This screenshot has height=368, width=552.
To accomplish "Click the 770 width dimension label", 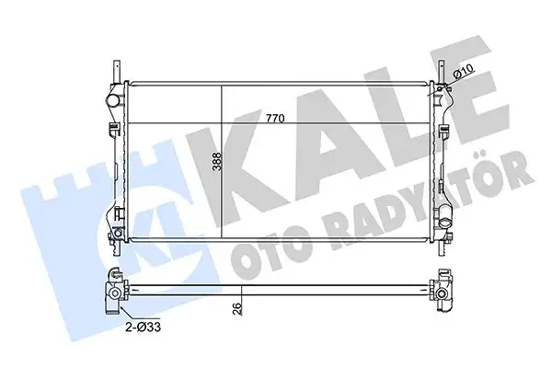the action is pyautogui.click(x=275, y=119).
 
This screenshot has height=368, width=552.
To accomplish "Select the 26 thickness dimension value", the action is pyautogui.click(x=237, y=308).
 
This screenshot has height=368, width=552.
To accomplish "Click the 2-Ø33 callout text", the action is pyautogui.click(x=144, y=328).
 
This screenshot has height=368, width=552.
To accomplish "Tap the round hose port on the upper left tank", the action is pyautogui.click(x=112, y=99).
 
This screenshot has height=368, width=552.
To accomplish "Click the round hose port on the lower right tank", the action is pyautogui.click(x=444, y=223).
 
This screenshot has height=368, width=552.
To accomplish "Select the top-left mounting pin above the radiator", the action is pyautogui.click(x=117, y=72).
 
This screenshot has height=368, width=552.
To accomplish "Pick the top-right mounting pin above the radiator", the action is pyautogui.click(x=441, y=72).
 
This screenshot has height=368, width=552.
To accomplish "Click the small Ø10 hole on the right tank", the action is pyautogui.click(x=440, y=89).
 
